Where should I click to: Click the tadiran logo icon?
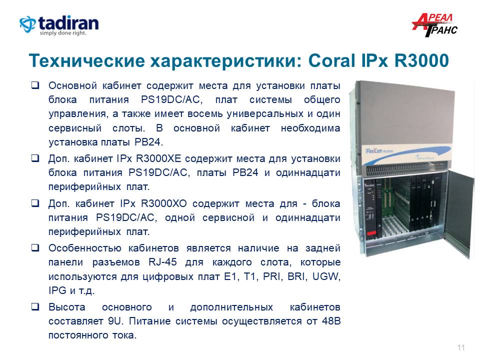[27, 24]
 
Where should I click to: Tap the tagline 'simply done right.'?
[63, 33]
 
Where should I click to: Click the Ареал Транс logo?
[434, 25]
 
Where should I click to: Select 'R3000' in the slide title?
[421, 60]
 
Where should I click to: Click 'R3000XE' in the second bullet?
[158, 158]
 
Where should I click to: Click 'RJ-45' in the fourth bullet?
[162, 262]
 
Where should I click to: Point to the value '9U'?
[115, 321]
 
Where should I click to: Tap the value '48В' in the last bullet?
[331, 321]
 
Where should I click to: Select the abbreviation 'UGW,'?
[326, 276]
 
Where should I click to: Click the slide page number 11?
[461, 348]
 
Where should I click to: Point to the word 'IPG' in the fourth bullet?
[57, 290]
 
